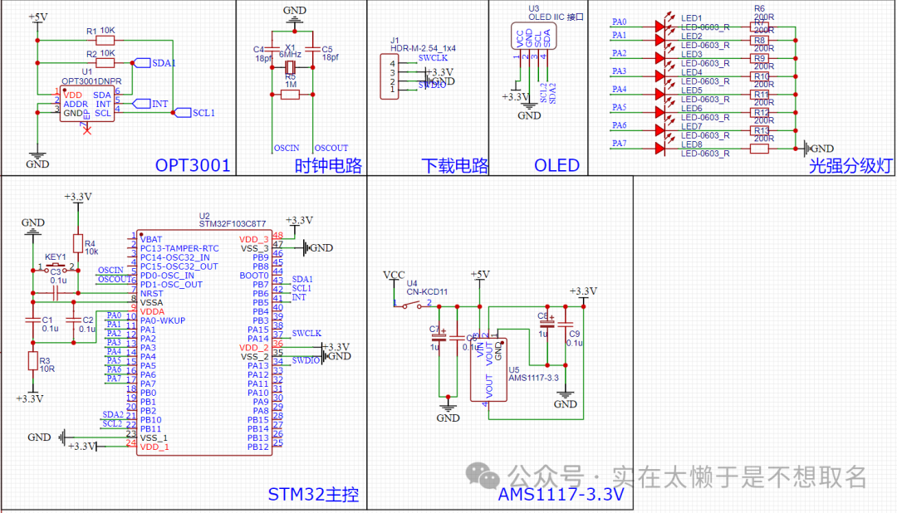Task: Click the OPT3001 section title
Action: [x=193, y=165]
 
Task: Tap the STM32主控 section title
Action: [x=313, y=495]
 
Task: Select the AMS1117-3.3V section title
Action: [x=561, y=495]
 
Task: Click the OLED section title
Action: [x=556, y=165]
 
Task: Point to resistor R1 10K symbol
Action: [x=105, y=39]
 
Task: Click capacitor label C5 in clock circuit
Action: [x=327, y=49]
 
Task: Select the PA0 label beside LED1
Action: [x=620, y=22]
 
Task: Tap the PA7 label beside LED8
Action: [x=620, y=144]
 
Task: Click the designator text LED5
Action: [x=691, y=90]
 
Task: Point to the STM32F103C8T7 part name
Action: [x=233, y=224]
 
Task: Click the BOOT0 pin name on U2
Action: [x=254, y=275]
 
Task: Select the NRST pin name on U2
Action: [x=150, y=293]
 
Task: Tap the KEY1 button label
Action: [x=56, y=256]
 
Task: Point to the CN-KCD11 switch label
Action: [x=427, y=292]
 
